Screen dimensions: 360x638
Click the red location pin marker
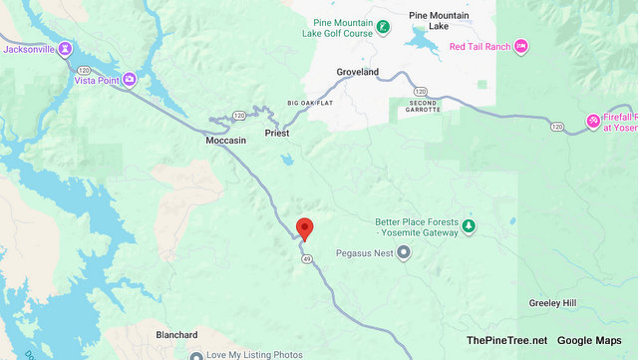[305, 228]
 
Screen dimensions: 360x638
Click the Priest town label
[276, 133]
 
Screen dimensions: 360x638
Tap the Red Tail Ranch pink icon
[521, 46]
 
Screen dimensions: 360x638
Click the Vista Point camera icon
[130, 80]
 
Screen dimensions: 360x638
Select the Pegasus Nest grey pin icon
[403, 252]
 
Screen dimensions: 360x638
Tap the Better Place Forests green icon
[468, 229]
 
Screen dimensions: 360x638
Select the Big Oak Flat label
[307, 104]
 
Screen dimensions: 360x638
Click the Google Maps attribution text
[589, 340]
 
